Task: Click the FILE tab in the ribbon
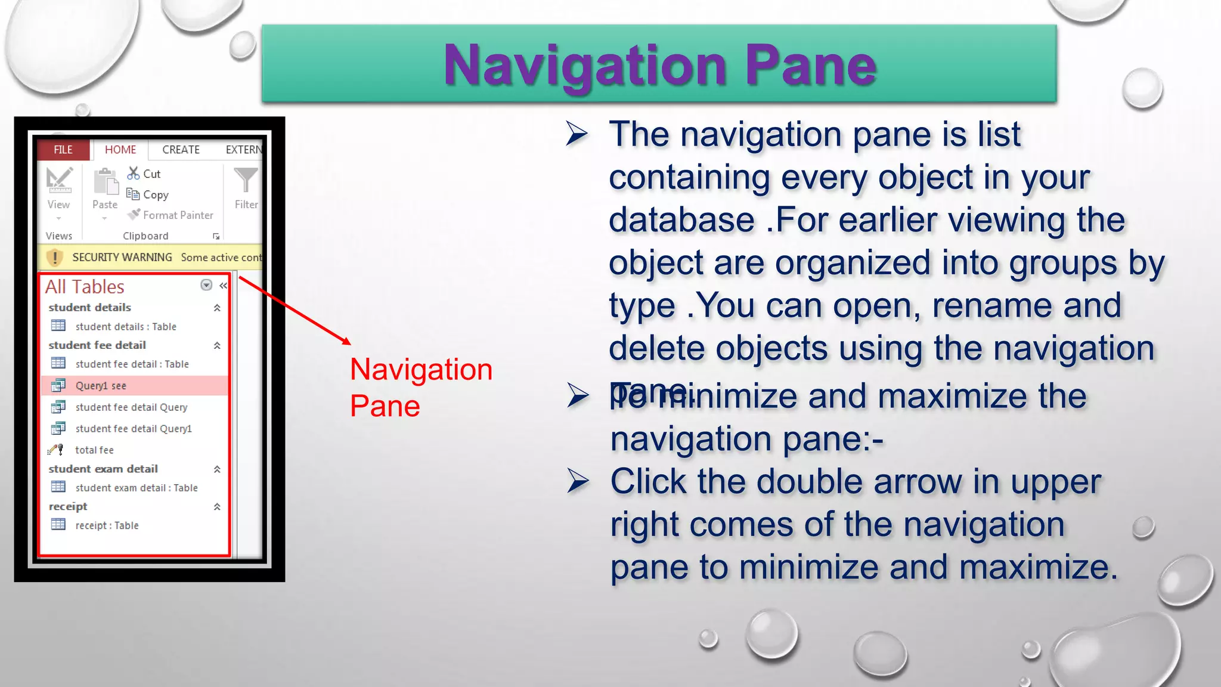point(63,150)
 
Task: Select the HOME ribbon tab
point(120,150)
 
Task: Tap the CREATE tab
point(181,150)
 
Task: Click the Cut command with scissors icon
point(144,174)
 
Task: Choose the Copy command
point(148,194)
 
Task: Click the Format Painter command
point(171,215)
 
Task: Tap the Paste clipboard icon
point(106,182)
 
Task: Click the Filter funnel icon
point(246,181)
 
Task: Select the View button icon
point(59,181)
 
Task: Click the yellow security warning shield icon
point(55,257)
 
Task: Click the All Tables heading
point(85,287)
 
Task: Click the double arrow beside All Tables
point(223,286)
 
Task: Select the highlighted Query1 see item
point(101,386)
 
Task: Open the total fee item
point(94,450)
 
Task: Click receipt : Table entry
point(107,525)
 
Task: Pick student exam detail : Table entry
point(136,488)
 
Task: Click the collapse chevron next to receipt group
point(217,507)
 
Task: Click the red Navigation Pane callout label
point(420,387)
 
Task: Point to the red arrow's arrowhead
point(347,342)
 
